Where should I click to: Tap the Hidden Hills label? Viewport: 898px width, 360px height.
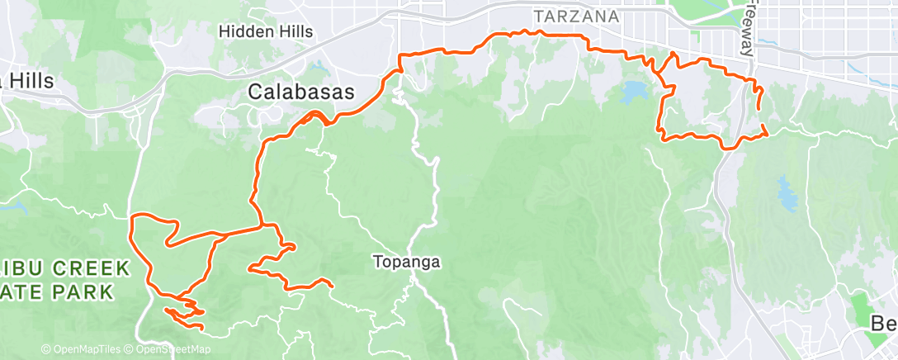(x=266, y=31)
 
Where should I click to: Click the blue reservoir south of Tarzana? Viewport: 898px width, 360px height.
(x=634, y=92)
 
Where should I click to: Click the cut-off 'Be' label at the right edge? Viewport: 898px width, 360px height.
(x=884, y=324)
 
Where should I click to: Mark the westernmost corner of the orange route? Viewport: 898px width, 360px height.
(x=132, y=216)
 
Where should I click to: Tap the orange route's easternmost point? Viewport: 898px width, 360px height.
(x=768, y=132)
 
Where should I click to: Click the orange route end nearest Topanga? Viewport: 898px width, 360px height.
(x=331, y=287)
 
